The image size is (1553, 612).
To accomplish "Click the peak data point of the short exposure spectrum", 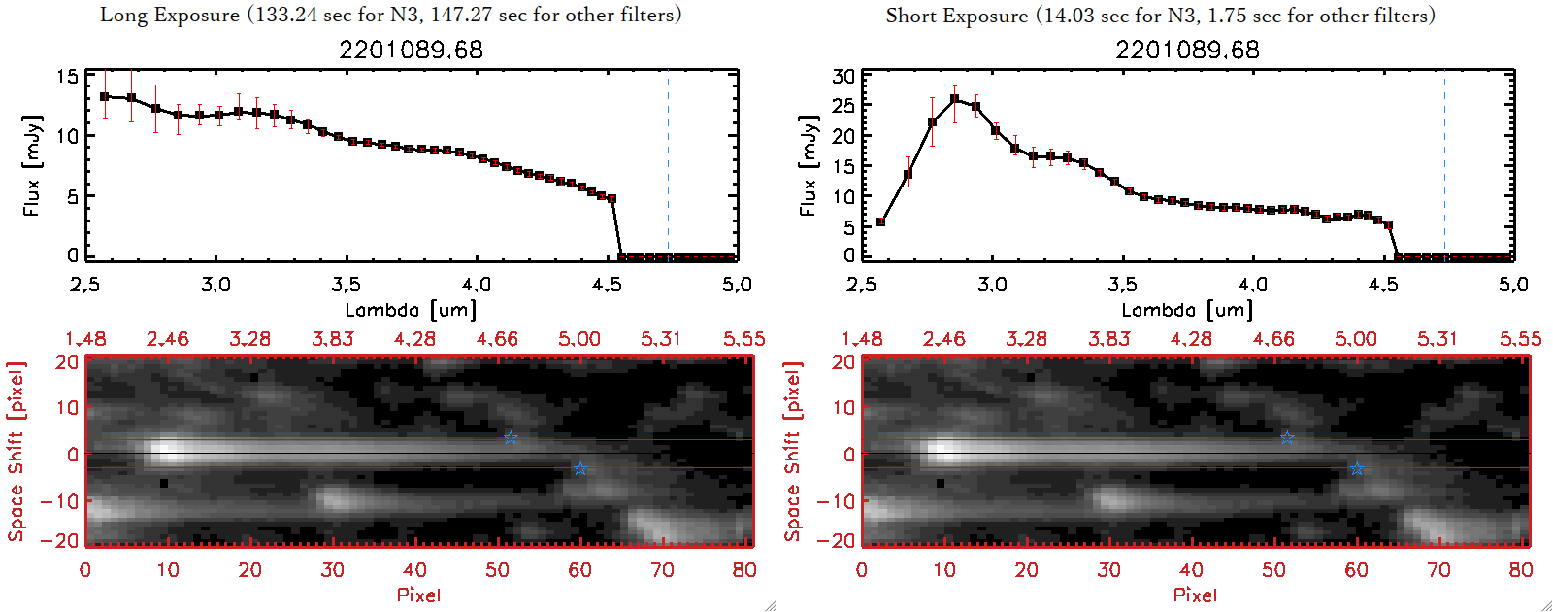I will tap(955, 99).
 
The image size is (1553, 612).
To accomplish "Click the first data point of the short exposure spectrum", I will tap(880, 222).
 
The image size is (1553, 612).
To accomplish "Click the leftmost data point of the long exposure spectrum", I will tap(105, 96).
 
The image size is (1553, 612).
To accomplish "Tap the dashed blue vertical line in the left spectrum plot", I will tap(668, 165).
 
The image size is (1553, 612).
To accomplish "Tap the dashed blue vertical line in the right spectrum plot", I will tap(1444, 165).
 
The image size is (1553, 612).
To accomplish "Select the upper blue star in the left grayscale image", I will tap(511, 438).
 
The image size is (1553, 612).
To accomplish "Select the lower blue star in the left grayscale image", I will tap(580, 469).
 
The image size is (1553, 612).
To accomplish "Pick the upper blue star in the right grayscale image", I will tap(1287, 438).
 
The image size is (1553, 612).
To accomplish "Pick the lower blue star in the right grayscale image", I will tap(1357, 469).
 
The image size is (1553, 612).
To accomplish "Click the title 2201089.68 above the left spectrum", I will tap(411, 50).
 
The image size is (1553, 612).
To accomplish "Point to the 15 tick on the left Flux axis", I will tap(68, 76).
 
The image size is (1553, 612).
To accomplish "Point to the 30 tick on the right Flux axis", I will tap(844, 76).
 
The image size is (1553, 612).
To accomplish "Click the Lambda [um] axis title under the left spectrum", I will tap(411, 310).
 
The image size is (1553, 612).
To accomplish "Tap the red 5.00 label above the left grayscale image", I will tap(578, 339).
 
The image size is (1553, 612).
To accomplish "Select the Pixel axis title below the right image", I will tap(1195, 595).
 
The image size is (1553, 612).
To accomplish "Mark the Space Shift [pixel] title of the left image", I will tap(16, 452).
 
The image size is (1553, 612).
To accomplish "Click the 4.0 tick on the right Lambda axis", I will tap(1253, 285).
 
